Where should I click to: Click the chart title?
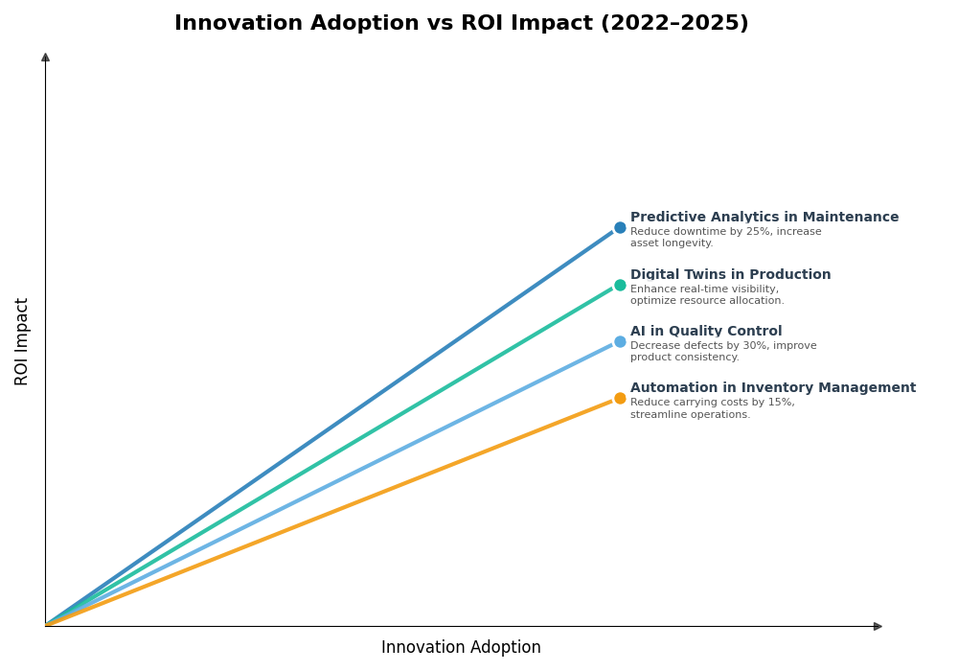pos(461,24)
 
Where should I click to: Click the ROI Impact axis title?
pos(22,341)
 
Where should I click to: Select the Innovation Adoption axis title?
pos(461,648)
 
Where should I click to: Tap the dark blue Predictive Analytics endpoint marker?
pos(620,228)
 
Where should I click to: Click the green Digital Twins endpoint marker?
pos(620,285)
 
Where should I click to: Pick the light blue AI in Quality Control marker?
pos(620,341)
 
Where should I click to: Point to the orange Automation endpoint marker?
pos(620,398)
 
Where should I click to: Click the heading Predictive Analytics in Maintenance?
pos(764,218)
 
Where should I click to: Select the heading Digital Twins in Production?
pos(730,275)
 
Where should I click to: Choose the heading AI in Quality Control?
pos(705,332)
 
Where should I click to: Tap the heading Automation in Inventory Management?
pos(772,388)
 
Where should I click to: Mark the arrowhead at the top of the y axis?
pos(45,58)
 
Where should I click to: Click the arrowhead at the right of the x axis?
pos(878,626)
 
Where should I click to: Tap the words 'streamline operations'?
pos(689,415)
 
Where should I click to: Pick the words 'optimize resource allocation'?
pos(706,301)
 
